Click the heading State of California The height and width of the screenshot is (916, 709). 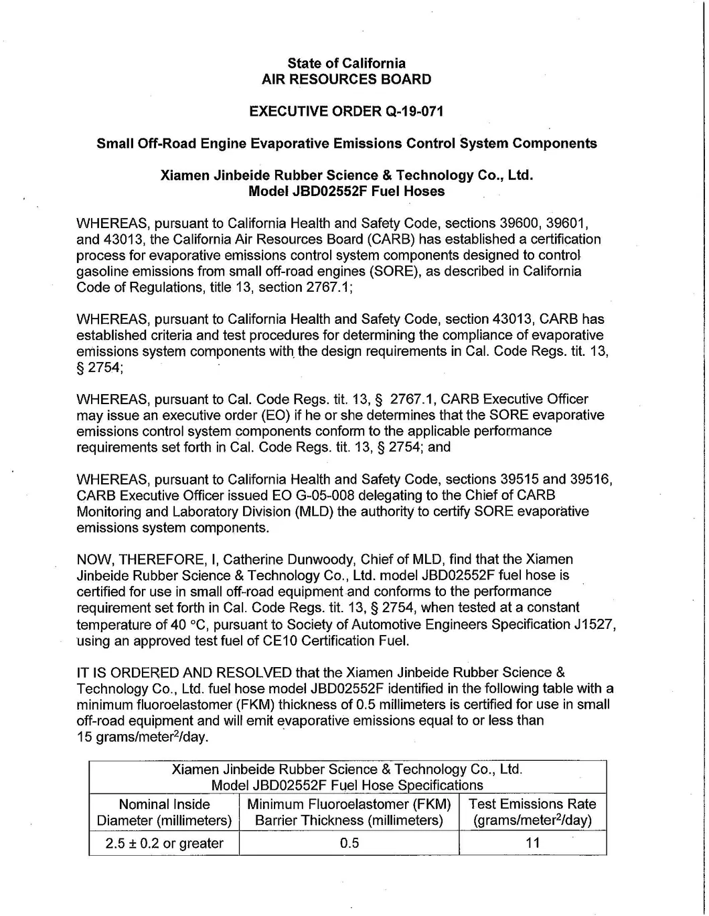coord(346,64)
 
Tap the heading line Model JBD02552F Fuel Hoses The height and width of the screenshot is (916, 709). coord(346,191)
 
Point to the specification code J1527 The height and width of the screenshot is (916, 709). coord(594,624)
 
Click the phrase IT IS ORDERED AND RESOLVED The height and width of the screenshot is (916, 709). coord(184,672)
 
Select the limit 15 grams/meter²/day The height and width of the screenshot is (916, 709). coord(142,737)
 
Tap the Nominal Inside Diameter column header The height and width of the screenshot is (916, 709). coord(164,812)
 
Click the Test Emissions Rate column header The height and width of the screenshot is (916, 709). coord(532,812)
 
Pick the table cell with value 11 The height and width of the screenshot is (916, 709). coord(532,843)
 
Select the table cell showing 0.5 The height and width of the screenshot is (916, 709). coord(349,843)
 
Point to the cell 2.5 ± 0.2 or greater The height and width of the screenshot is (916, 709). coord(164,843)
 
